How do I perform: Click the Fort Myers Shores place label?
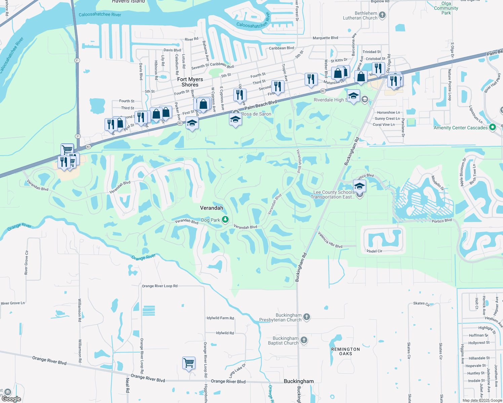[190, 82]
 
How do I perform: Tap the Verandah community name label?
[211, 208]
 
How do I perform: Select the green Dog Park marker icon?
[225, 220]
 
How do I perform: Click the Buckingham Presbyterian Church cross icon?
[306, 317]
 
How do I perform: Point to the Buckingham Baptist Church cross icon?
[304, 340]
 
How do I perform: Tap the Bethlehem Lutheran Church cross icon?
[382, 15]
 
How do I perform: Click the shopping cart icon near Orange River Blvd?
[189, 363]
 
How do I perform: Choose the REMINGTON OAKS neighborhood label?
[345, 351]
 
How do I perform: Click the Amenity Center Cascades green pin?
[493, 127]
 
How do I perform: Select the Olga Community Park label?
[446, 8]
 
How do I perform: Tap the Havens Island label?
[129, 2]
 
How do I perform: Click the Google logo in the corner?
[11, 399]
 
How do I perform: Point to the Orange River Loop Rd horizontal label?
[160, 286]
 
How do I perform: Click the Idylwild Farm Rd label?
[220, 318]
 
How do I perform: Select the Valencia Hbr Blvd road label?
[330, 240]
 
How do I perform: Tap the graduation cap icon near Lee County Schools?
[359, 186]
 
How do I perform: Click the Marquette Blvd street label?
[325, 38]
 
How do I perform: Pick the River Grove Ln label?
[13, 303]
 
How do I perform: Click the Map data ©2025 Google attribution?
[482, 400]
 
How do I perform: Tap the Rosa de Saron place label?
[256, 114]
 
